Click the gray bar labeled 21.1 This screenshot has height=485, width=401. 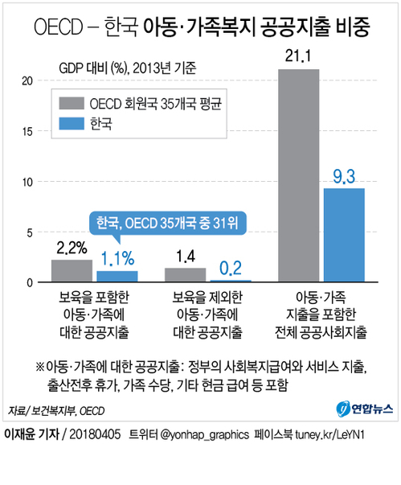[298, 175]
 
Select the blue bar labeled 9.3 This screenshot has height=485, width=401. [344, 235]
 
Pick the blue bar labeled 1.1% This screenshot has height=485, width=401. [117, 277]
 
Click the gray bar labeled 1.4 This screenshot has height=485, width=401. [185, 275]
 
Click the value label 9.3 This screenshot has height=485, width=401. [344, 177]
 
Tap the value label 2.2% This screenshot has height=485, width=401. [72, 248]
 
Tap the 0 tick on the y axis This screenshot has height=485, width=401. [30, 282]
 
